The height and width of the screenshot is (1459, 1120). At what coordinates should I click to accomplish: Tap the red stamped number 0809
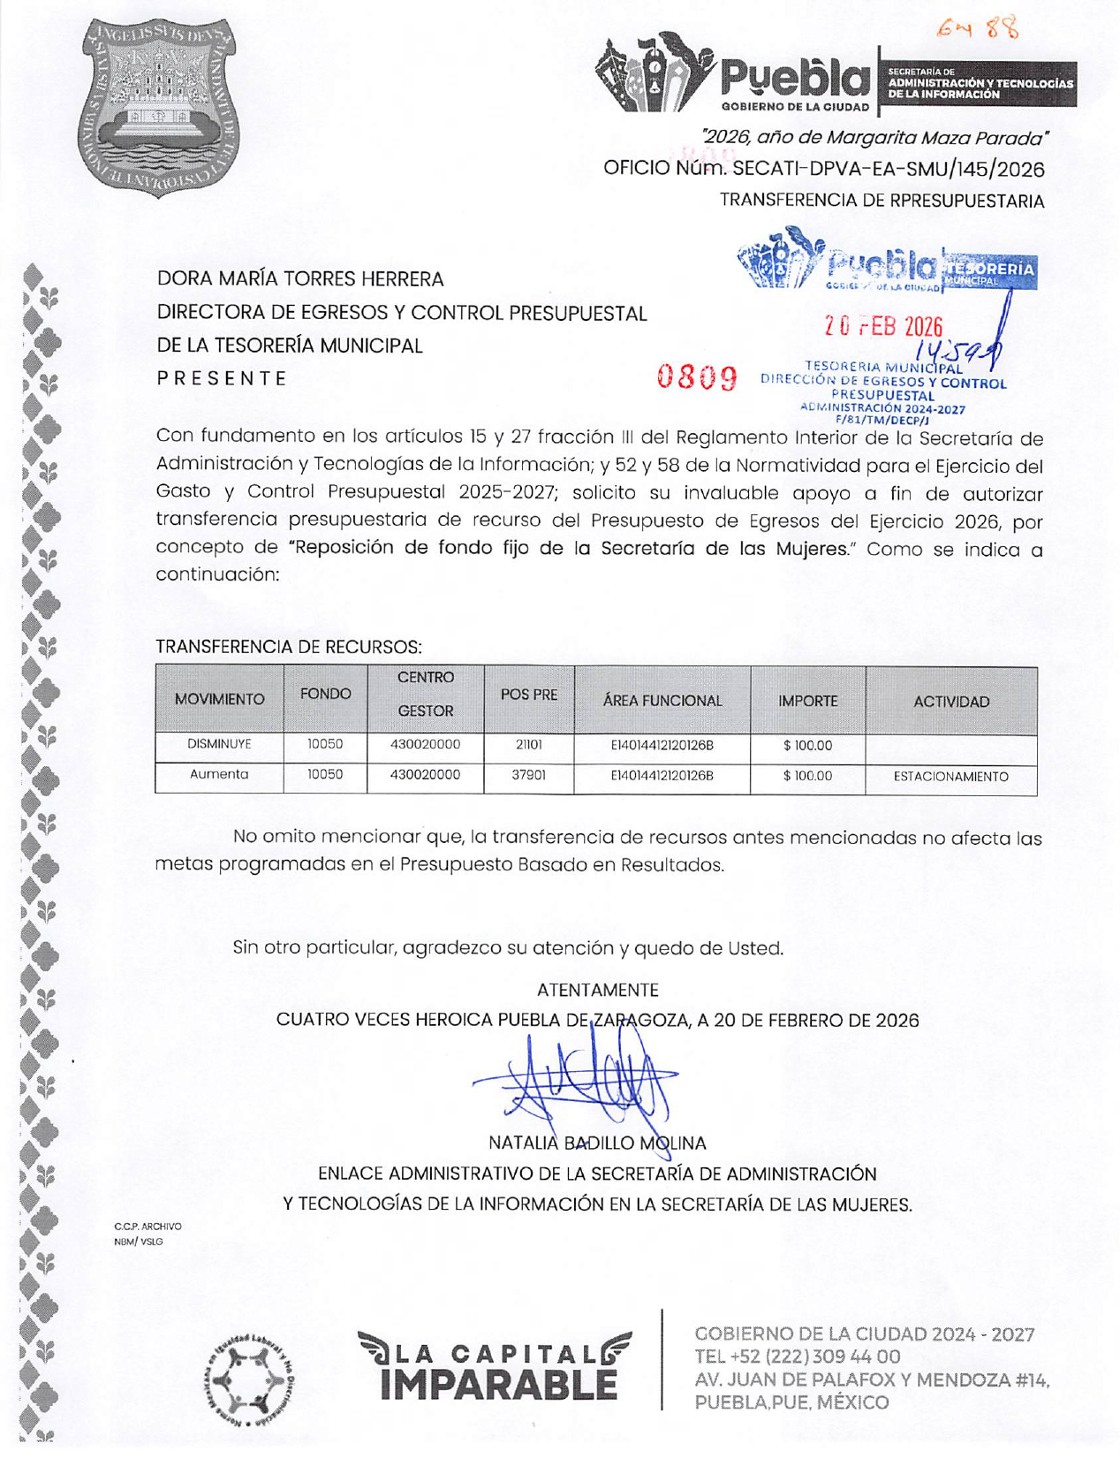[x=697, y=378]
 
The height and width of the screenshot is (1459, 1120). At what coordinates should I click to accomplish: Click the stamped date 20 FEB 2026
[x=883, y=327]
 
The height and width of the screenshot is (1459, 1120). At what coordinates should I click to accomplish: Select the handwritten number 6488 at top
[x=978, y=30]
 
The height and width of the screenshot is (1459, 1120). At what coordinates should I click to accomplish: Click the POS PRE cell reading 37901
[x=528, y=775]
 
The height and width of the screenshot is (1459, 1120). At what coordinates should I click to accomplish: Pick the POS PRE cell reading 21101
[x=528, y=745]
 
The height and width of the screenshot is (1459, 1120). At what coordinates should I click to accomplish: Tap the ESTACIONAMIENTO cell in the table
[x=950, y=777]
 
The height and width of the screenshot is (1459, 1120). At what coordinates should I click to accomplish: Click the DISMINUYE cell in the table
[x=219, y=745]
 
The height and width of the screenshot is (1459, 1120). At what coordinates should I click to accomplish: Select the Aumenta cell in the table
[x=219, y=775]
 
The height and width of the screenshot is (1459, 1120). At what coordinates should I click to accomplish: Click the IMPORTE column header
[x=807, y=701]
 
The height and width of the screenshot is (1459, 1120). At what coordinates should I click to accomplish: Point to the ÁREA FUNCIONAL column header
[x=662, y=701]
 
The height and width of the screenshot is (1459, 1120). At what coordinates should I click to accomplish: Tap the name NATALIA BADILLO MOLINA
[x=597, y=1144]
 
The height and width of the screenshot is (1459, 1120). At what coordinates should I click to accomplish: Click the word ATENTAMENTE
[x=597, y=990]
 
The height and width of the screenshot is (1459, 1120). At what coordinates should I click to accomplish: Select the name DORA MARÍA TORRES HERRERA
[x=300, y=279]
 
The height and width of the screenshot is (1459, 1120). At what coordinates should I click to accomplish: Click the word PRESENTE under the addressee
[x=222, y=378]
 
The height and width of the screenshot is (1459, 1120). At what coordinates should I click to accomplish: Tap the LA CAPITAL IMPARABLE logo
[x=495, y=1366]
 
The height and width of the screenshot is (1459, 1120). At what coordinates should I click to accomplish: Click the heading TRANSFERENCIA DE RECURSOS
[x=289, y=647]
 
